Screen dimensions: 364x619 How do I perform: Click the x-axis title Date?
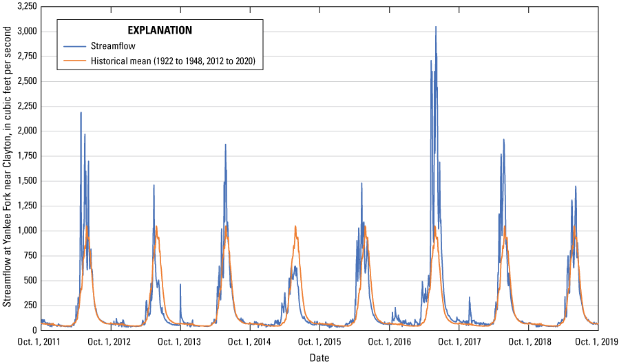319,358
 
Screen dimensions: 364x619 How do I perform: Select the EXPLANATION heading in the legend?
160,30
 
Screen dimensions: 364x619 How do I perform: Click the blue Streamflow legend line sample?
74,47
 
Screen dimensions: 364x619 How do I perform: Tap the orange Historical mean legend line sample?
74,62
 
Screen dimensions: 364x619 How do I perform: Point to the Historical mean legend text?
173,62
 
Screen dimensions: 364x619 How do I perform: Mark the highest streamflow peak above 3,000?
436,27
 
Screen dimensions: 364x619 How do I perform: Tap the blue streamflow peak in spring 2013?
154,185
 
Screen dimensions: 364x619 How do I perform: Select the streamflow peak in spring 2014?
225,144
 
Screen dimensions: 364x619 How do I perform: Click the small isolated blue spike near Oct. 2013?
180,284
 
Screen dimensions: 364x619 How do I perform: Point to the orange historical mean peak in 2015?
295,226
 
